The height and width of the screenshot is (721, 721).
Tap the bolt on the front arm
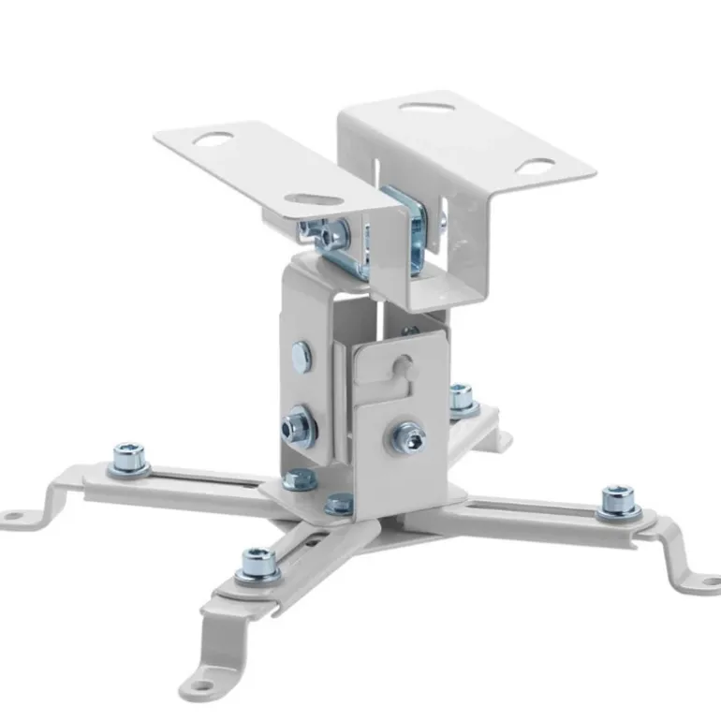pos(258,564)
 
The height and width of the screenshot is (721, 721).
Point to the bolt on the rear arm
pos(462,398)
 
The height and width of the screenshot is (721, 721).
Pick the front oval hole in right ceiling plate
pos(535,168)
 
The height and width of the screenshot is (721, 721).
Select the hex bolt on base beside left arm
pos(298,479)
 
